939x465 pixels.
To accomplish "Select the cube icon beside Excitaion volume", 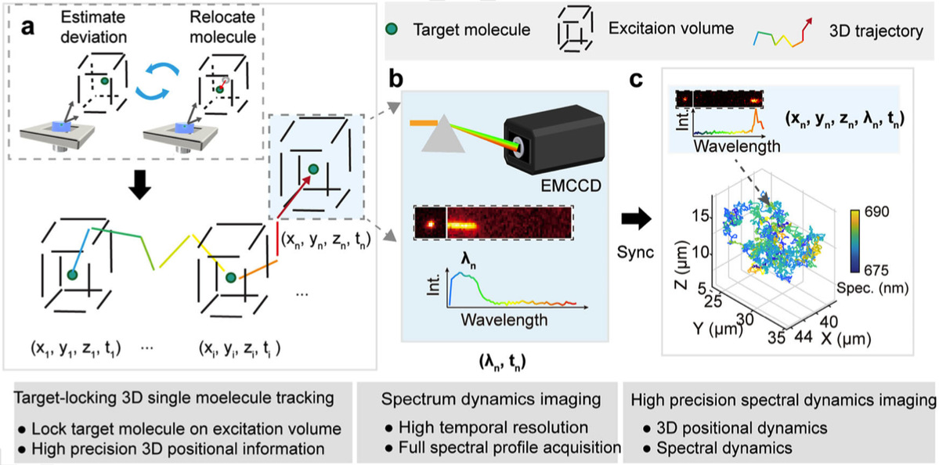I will pos(573,31).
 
